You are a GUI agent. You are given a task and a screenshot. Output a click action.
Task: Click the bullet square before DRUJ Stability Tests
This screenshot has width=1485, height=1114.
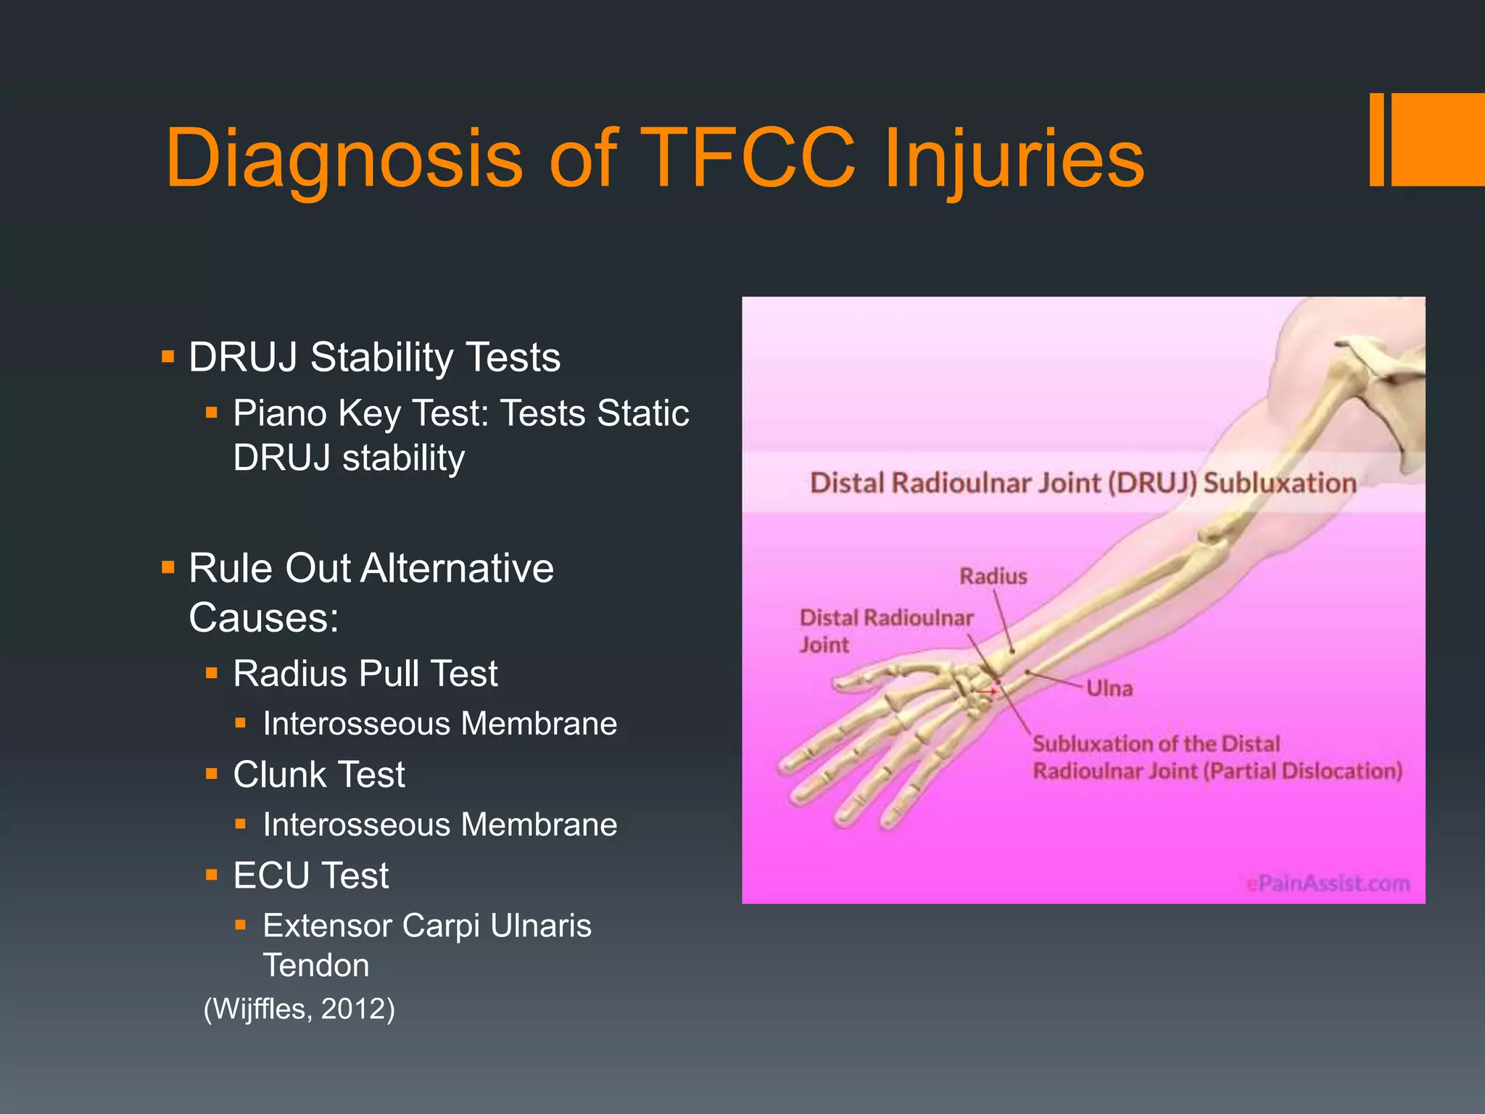coord(168,357)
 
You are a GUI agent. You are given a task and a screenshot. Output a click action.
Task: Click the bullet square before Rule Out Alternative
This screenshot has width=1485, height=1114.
coord(168,566)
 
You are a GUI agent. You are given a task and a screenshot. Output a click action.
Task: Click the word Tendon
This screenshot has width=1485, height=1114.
coord(316,965)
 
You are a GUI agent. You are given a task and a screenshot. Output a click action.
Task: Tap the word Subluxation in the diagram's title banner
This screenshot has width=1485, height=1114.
coord(1280,483)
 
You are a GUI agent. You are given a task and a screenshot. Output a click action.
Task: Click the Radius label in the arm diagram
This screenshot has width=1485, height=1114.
coord(993,577)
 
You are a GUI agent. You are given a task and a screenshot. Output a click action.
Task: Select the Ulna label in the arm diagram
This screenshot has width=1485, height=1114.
coord(1109,688)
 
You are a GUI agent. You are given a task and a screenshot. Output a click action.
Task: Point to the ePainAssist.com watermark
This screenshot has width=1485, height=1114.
coord(1328,883)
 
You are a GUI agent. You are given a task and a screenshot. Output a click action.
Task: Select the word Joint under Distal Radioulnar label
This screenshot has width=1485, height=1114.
coord(824,645)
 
